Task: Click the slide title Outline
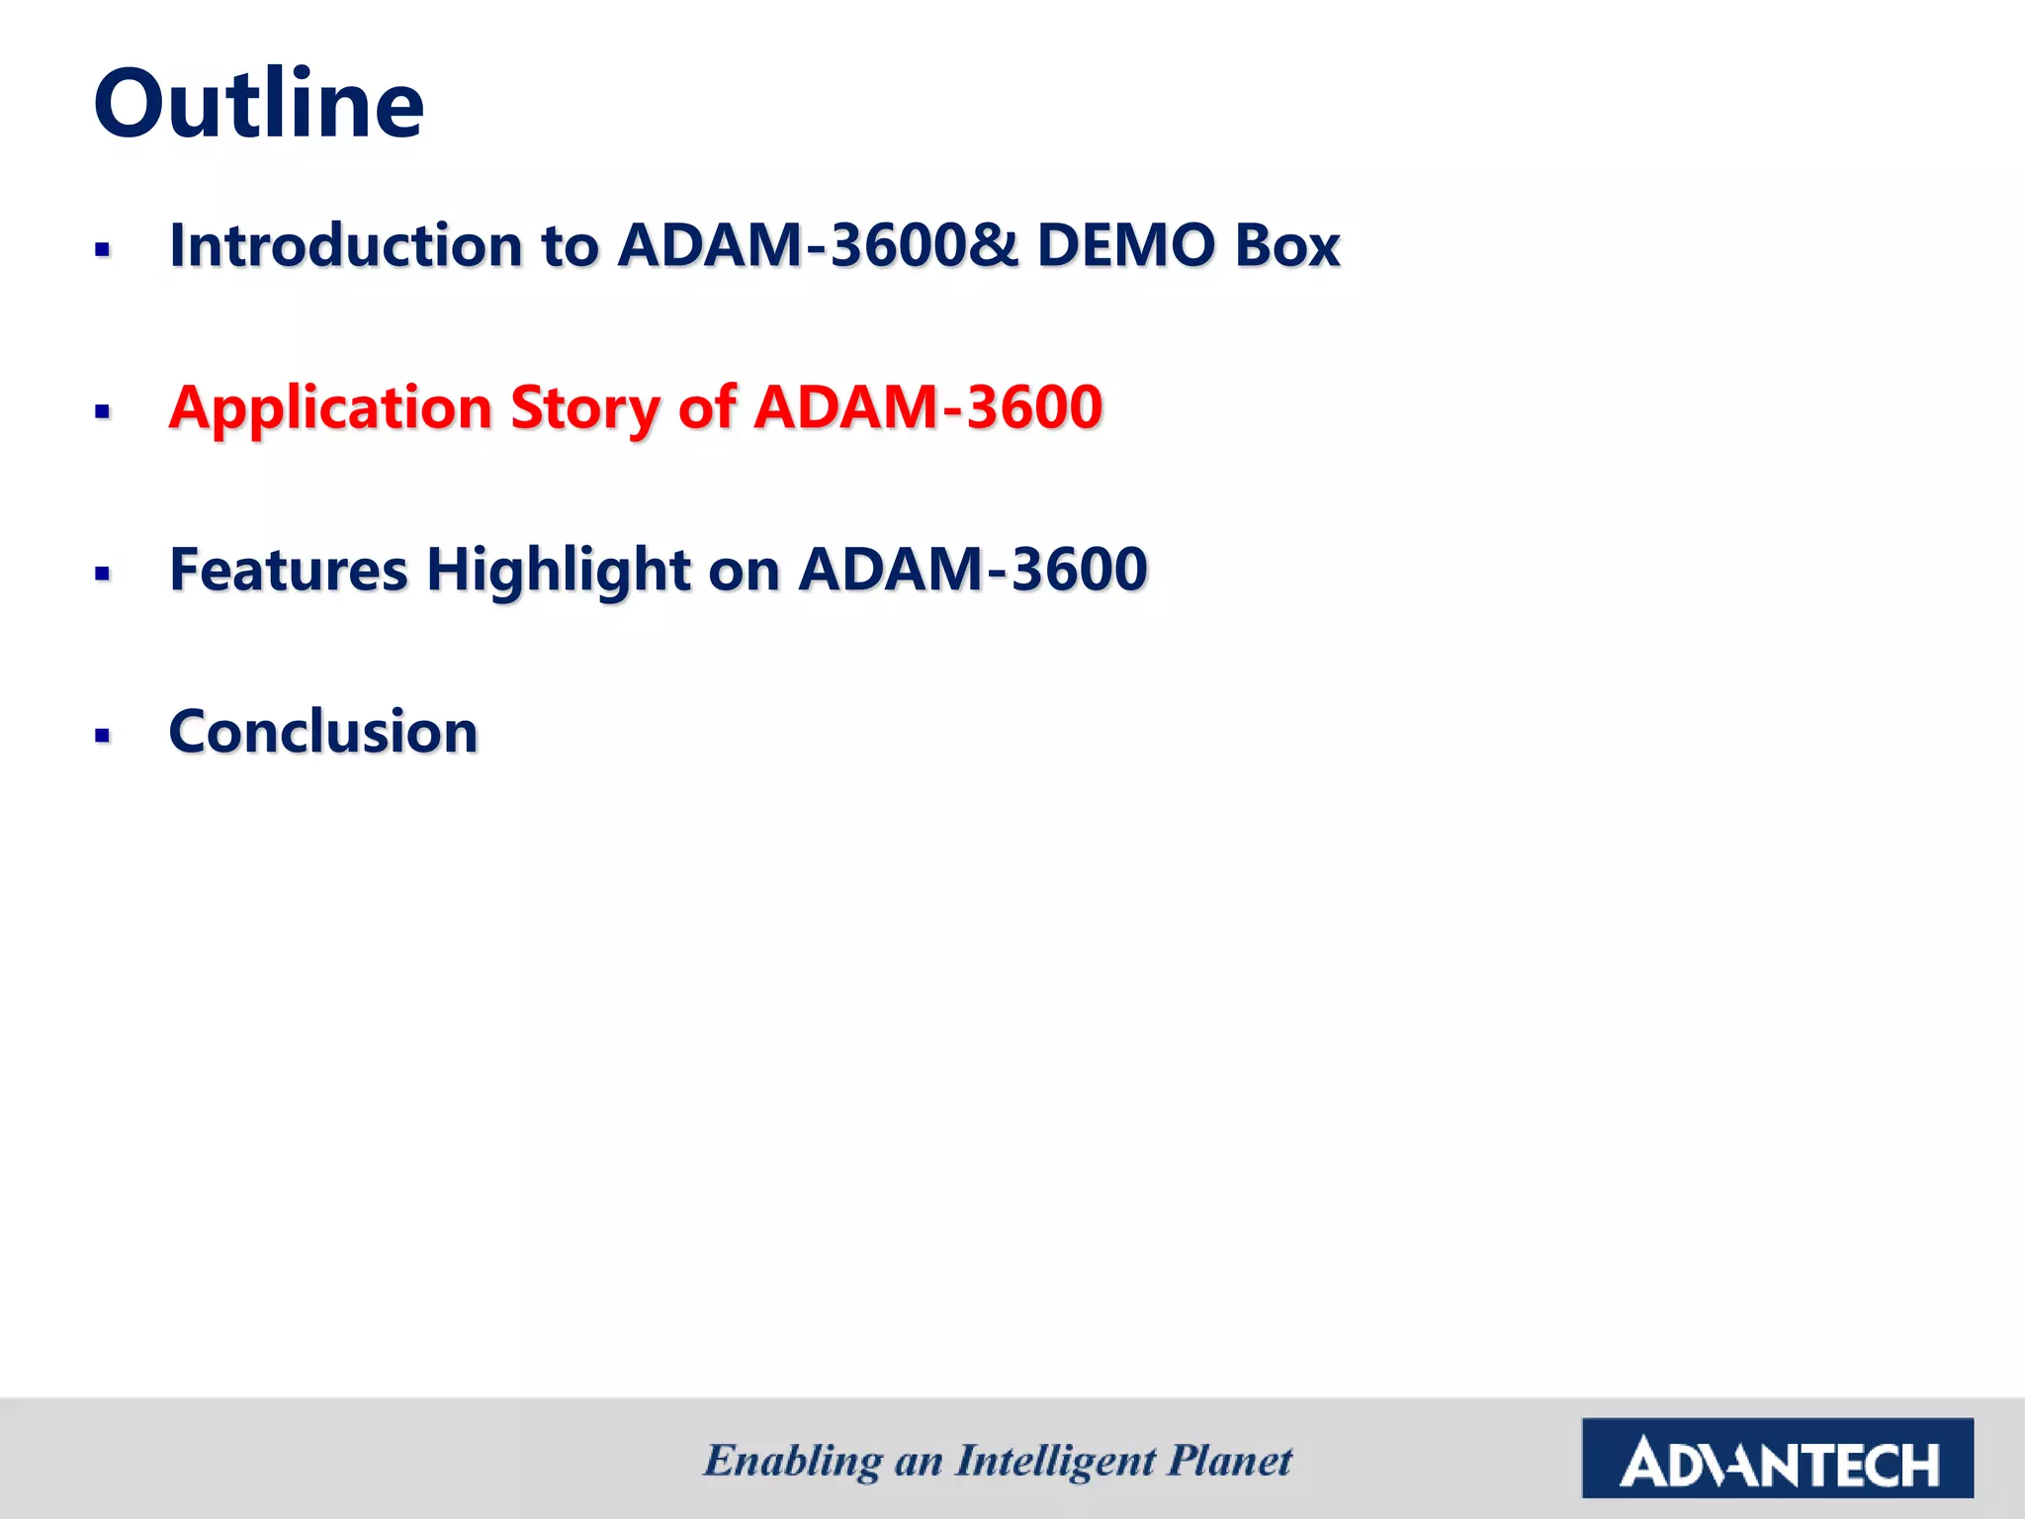pyautogui.click(x=259, y=104)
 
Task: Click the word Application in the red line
pyautogui.click(x=330, y=407)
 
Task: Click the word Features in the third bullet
pyautogui.click(x=289, y=570)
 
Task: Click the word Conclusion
pyautogui.click(x=323, y=732)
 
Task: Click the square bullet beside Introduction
pyautogui.click(x=102, y=249)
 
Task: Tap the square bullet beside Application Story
pyautogui.click(x=102, y=411)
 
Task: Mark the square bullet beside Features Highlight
pyautogui.click(x=102, y=574)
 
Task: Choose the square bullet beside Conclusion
pyautogui.click(x=102, y=736)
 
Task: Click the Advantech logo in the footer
pyautogui.click(x=1777, y=1458)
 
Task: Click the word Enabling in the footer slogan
pyautogui.click(x=793, y=1461)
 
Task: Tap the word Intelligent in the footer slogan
pyautogui.click(x=1055, y=1461)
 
